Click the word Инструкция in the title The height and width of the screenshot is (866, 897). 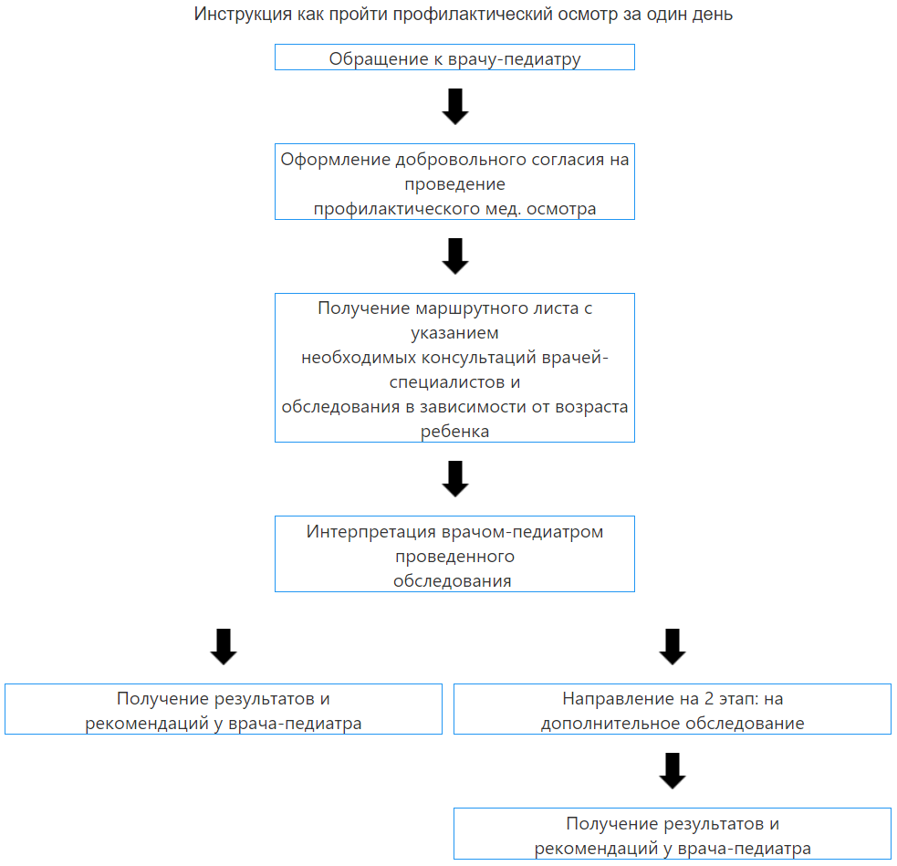[243, 15]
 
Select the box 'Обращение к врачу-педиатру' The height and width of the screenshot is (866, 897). [454, 57]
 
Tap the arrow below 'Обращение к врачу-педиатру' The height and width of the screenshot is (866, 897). [455, 107]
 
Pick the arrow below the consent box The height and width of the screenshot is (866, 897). [455, 256]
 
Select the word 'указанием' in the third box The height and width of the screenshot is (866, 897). [454, 333]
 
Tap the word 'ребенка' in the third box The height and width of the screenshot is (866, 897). [454, 432]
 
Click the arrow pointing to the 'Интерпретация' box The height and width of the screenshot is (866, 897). [455, 479]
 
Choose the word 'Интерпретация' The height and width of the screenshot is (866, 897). [371, 532]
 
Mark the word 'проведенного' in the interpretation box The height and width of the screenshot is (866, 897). [454, 557]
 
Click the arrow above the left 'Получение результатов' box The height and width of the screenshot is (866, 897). [224, 647]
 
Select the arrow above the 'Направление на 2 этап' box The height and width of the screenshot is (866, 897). [673, 647]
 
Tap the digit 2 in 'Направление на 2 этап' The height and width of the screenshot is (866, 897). [709, 699]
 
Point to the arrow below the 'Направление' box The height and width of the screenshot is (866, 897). [673, 771]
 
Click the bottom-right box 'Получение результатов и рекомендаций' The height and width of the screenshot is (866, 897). [673, 833]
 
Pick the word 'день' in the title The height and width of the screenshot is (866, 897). [713, 15]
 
